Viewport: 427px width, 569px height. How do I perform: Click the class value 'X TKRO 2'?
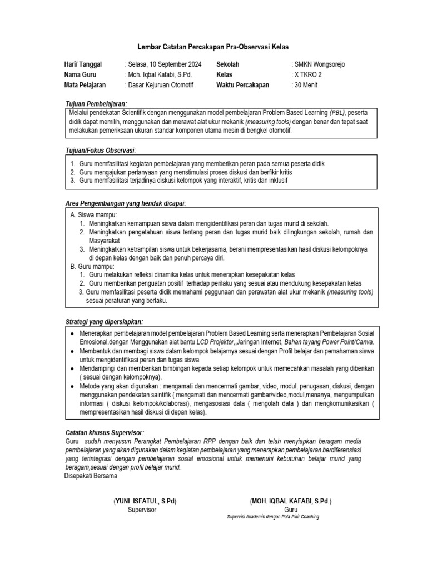[307, 74]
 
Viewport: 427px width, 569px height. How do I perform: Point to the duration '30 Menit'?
[306, 85]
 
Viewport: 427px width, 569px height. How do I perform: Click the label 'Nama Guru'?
[81, 74]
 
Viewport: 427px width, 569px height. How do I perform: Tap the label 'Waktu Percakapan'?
[242, 85]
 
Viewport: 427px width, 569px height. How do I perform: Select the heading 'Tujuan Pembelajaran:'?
[96, 104]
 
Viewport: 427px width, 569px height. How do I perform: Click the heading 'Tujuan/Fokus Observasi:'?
[101, 151]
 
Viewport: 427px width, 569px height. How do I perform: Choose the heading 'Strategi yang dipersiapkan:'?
[104, 321]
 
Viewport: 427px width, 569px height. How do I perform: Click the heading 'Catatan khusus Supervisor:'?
[105, 432]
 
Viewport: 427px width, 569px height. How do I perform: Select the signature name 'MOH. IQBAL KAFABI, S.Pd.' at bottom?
[290, 501]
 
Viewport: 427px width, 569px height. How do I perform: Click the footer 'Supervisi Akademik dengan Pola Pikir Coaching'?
[274, 516]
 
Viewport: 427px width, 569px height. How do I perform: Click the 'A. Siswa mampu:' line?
[94, 215]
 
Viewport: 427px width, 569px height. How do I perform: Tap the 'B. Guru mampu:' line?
[92, 267]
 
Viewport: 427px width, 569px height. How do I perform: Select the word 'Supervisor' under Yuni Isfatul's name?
[142, 510]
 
